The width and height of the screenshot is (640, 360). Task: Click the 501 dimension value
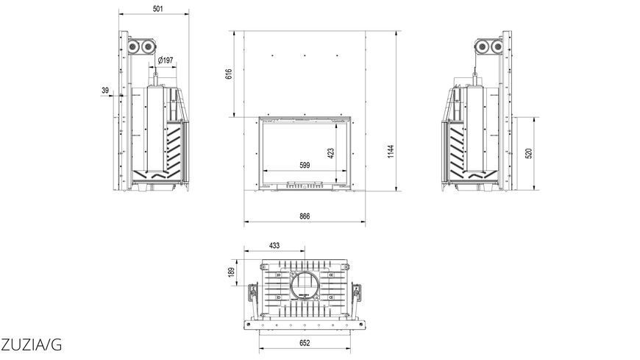[x=158, y=9]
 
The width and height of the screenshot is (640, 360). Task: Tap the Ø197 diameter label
[x=166, y=60]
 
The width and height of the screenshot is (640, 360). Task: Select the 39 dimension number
[x=105, y=91]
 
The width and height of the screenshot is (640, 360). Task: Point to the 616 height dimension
[x=229, y=74]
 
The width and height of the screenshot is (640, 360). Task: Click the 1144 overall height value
[x=391, y=152]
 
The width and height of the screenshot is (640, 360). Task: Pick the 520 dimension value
[x=529, y=154]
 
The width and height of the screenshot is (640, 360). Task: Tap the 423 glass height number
[x=330, y=153]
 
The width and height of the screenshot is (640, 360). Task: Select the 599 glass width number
[x=305, y=165]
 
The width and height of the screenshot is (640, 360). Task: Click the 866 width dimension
[x=305, y=216]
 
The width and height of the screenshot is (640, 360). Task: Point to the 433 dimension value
[x=274, y=246]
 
